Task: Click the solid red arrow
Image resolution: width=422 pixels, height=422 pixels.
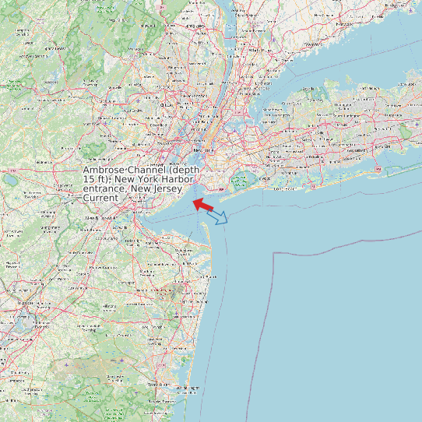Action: pos(202,205)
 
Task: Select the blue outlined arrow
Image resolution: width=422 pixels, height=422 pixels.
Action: pos(218,217)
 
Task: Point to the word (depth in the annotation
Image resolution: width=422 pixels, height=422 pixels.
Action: pos(185,171)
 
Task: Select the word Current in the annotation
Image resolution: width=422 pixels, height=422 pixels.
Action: pos(100,199)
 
